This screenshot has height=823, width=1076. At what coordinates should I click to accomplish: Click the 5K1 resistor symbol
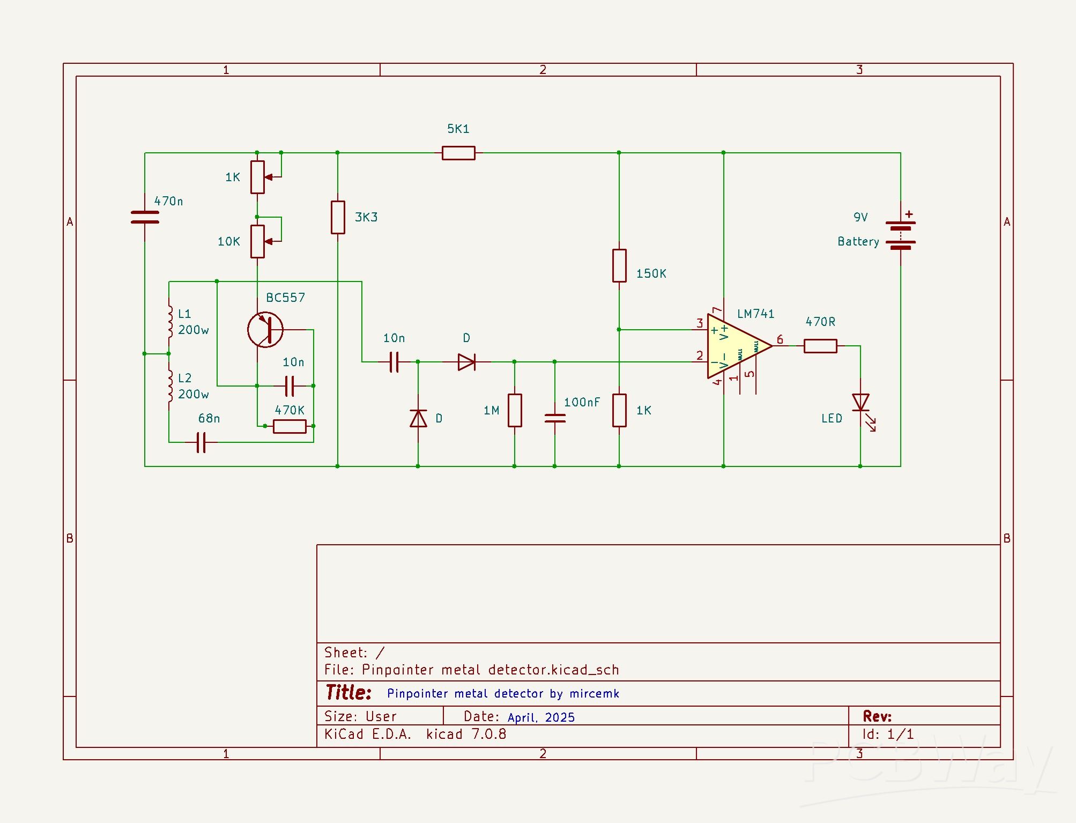click(x=458, y=153)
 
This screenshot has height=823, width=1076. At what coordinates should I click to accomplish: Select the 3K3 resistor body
click(x=338, y=217)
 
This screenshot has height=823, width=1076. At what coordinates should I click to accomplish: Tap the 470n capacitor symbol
click(x=145, y=217)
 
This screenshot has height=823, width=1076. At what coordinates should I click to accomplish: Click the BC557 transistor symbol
click(x=266, y=330)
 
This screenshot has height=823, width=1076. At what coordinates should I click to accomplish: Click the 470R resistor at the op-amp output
click(x=820, y=346)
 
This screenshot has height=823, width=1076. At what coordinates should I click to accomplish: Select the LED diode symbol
click(x=860, y=403)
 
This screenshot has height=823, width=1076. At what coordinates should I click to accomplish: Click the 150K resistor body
click(x=619, y=265)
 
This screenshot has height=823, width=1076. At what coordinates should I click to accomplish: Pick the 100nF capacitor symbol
click(x=555, y=418)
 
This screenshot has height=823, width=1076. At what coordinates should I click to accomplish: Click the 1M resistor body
click(x=515, y=410)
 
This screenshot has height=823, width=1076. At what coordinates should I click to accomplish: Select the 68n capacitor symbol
click(x=201, y=442)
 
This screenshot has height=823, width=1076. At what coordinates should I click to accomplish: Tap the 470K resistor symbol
click(x=290, y=426)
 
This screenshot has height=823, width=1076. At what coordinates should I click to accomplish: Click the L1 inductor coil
click(x=169, y=322)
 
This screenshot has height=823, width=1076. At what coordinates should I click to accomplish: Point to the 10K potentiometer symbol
click(x=258, y=241)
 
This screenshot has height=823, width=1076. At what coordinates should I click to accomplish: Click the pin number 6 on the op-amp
click(x=780, y=339)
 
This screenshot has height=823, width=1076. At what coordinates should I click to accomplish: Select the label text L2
click(x=184, y=378)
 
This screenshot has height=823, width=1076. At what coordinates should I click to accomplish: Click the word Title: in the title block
click(x=348, y=692)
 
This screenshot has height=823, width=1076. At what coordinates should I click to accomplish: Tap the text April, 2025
click(x=541, y=717)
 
